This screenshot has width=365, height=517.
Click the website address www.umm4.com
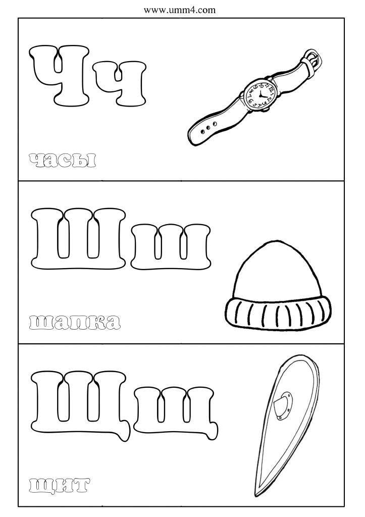point(179,10)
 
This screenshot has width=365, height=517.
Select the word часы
point(63,160)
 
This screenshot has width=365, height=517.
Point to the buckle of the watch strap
point(312,60)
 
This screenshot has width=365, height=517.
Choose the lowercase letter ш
point(170,246)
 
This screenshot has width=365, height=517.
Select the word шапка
point(75,322)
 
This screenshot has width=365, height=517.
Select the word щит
point(60,485)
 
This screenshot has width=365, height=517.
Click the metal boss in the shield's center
point(283,405)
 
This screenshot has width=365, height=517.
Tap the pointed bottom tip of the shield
point(256,495)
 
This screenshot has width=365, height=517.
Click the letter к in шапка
point(96,322)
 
